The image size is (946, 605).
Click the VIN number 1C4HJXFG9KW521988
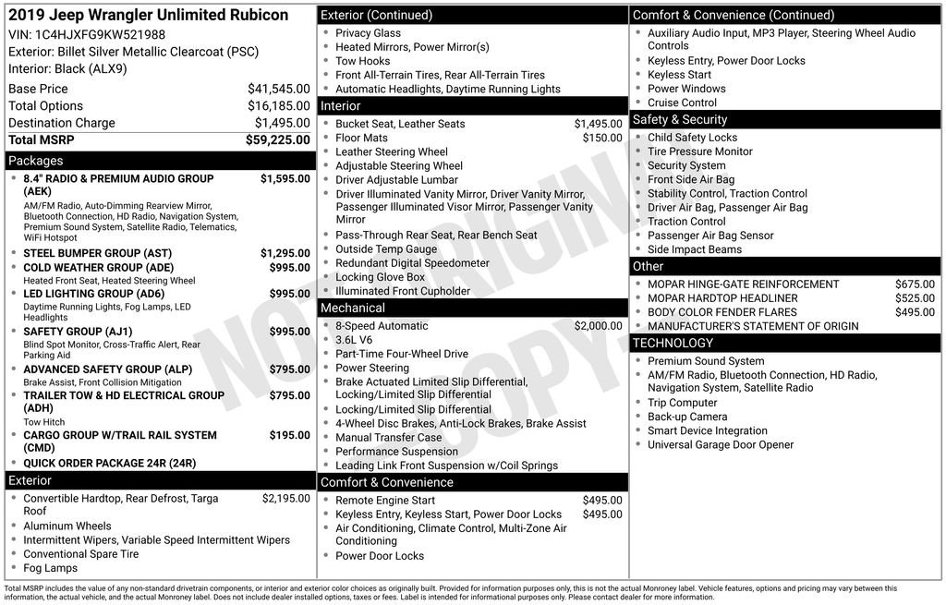[100, 34]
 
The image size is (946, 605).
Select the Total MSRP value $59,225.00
[277, 140]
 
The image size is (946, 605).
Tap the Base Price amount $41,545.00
[278, 89]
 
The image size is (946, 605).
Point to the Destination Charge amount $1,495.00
[282, 123]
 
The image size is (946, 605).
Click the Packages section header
[36, 161]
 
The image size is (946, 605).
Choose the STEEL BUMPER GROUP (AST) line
[98, 253]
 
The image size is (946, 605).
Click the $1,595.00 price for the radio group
[285, 179]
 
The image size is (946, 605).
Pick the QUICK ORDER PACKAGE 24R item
[110, 464]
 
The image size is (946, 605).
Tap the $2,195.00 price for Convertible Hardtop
[285, 499]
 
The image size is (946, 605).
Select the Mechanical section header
[353, 308]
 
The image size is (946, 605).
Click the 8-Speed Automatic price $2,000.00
[598, 326]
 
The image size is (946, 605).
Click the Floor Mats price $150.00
[602, 139]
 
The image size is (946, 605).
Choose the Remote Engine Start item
[385, 501]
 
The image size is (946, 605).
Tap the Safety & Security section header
[680, 120]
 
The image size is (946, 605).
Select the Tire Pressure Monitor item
[700, 151]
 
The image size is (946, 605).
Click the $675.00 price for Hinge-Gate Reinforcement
[915, 284]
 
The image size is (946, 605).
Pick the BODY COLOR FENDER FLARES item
[722, 312]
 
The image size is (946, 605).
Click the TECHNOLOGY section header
[673, 344]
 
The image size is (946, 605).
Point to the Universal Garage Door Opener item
[721, 445]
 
